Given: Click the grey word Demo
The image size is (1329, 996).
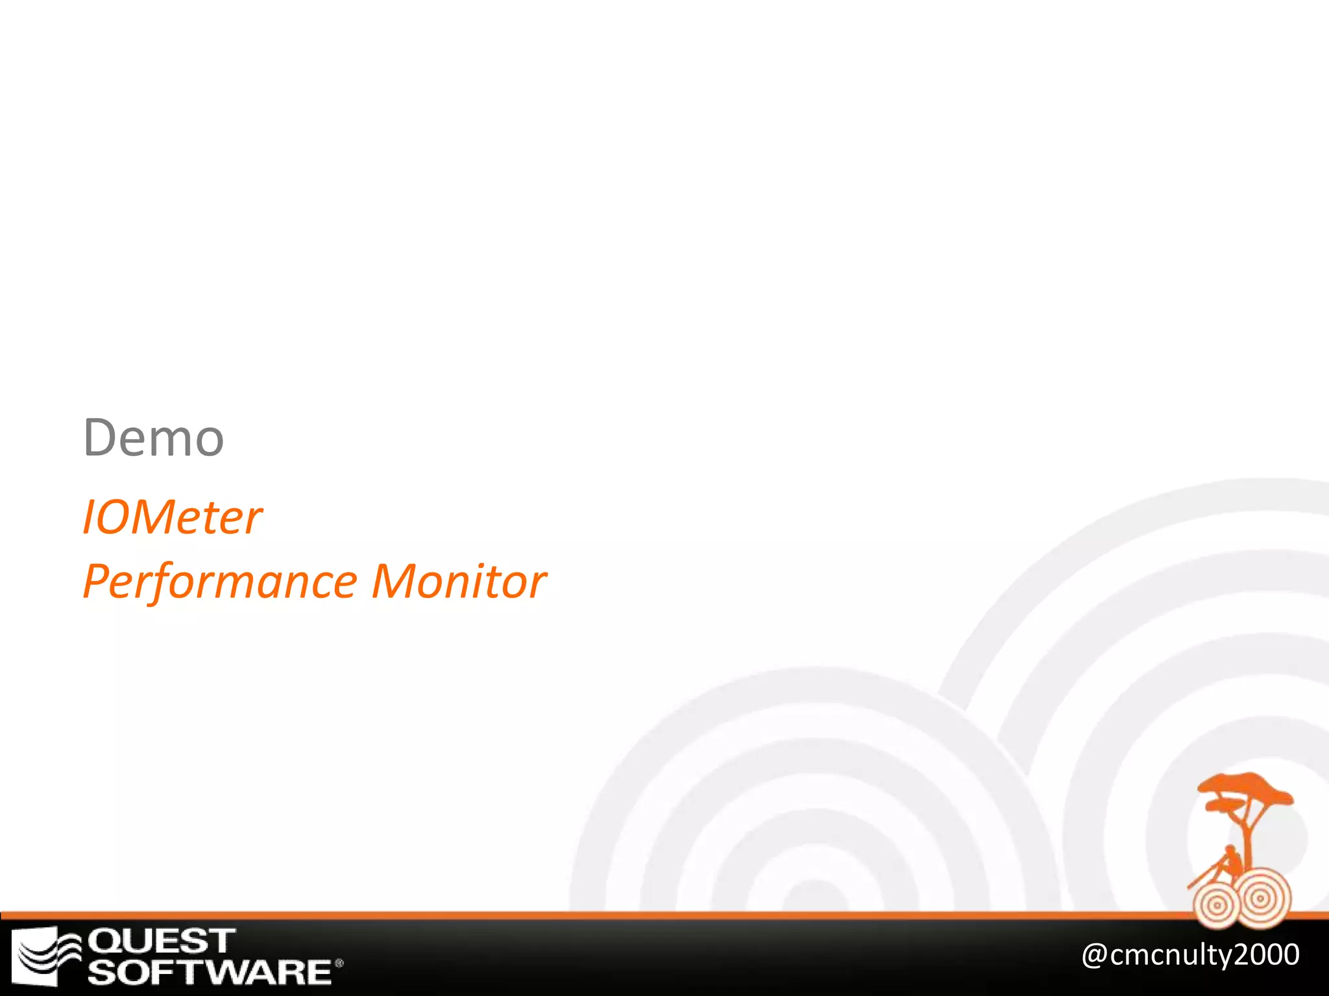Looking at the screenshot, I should coord(154,438).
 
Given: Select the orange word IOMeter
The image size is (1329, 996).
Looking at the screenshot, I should coord(172,517).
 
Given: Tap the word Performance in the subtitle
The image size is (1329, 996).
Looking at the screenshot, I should coord(221,582).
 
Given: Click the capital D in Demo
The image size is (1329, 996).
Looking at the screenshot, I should coord(99,438).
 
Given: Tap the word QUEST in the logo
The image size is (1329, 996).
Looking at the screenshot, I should coord(162,941).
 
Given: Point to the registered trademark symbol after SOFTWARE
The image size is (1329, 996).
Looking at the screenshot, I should coord(339,964).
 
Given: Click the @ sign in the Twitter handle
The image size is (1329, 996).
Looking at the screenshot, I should coord(1095,955).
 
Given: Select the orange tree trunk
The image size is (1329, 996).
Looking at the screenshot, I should coord(1249,836).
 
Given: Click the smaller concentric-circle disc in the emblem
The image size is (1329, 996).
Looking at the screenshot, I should coord(1216,905).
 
